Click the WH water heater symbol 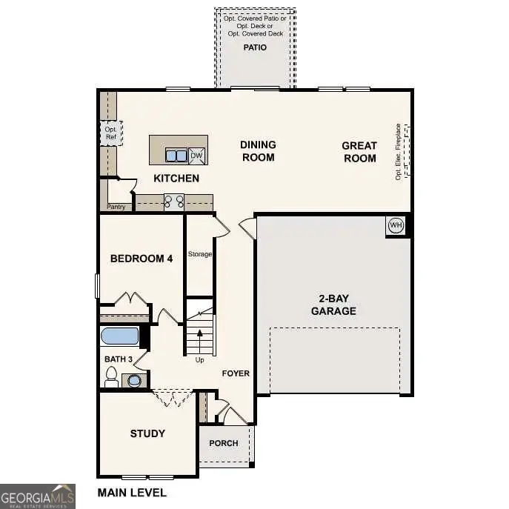click(396, 225)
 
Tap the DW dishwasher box click(196, 155)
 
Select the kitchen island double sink click(176, 155)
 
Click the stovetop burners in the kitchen click(174, 201)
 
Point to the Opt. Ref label click(110, 133)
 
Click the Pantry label click(116, 207)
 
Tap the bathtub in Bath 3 click(120, 336)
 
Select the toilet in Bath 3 click(112, 379)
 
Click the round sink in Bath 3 click(134, 381)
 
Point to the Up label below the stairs click(199, 360)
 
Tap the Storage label click(199, 254)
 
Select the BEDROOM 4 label click(142, 259)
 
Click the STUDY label click(147, 433)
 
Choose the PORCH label click(224, 443)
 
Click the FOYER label click(236, 373)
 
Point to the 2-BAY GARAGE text click(333, 305)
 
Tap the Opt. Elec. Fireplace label click(399, 151)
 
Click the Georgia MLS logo click(37, 496)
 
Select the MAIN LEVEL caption click(132, 493)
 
